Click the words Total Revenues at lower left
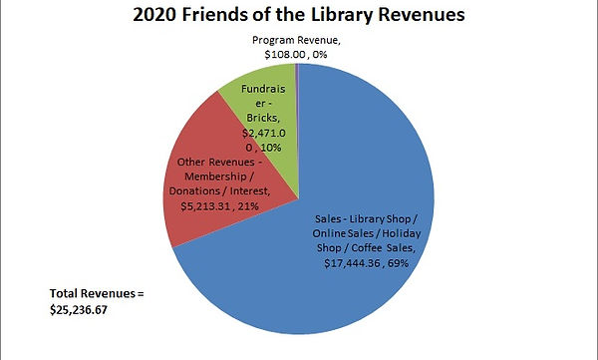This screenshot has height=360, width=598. pyautogui.click(x=97, y=294)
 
